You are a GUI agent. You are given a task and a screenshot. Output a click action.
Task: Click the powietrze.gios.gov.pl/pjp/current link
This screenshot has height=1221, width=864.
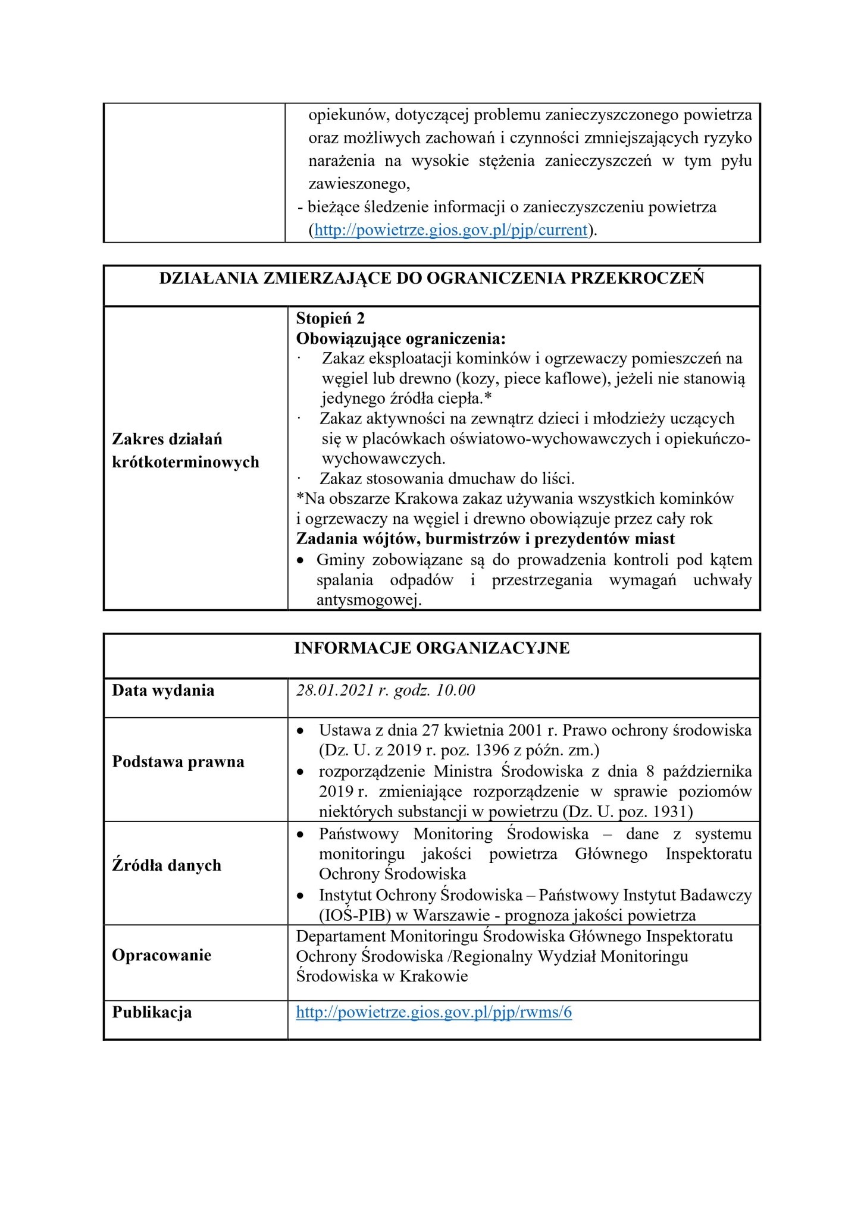tap(450, 230)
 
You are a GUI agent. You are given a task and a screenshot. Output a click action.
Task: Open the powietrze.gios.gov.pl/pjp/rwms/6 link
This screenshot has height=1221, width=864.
tap(434, 1013)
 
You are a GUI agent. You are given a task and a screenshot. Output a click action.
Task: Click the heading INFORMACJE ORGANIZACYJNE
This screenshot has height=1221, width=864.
tap(431, 648)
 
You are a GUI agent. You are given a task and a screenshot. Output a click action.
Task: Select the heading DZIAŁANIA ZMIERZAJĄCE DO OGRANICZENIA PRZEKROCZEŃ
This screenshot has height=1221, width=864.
tap(431, 279)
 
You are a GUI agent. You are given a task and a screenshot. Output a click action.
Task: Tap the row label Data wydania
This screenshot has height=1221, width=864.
tap(163, 690)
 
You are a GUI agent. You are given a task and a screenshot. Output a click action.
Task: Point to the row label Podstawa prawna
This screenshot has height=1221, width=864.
tap(178, 762)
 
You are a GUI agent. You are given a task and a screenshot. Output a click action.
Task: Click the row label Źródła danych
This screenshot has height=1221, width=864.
tap(167, 865)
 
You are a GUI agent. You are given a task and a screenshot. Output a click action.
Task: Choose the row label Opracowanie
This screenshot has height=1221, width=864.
tap(162, 955)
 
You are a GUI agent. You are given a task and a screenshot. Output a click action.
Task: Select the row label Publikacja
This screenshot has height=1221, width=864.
tap(152, 1012)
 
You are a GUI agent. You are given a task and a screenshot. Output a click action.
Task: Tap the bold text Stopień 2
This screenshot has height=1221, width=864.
tap(330, 319)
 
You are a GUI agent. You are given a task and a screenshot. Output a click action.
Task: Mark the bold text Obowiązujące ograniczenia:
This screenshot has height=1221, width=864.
tap(401, 339)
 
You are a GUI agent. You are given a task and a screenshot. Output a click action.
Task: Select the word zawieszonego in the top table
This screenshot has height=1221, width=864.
tap(359, 184)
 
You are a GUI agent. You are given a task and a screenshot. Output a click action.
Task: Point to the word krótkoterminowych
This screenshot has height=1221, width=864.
tap(186, 462)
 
